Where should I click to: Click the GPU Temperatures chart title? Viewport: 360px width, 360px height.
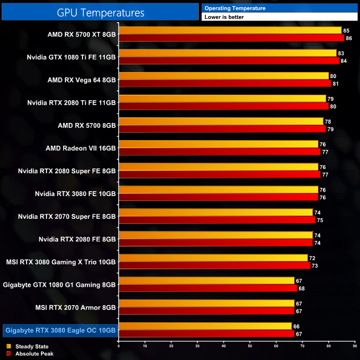coord(100,12)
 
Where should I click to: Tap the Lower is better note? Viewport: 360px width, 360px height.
coord(224,17)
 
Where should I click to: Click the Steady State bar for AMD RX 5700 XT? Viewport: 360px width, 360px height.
coord(230,30)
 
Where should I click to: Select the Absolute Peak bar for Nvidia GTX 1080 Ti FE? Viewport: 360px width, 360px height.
coord(228,61)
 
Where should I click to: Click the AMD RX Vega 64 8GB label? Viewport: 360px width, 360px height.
coord(82,80)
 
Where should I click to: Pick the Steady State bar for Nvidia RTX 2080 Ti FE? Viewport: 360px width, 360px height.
coord(222,99)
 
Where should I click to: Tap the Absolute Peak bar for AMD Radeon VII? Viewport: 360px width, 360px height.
coord(219,152)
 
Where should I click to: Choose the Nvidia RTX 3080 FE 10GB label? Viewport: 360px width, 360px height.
coord(75,194)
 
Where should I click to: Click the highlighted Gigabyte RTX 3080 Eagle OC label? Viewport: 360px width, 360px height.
coord(60,331)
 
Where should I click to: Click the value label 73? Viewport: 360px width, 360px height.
coord(314,266)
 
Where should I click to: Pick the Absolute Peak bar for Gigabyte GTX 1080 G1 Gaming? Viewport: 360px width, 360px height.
coord(208,289)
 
